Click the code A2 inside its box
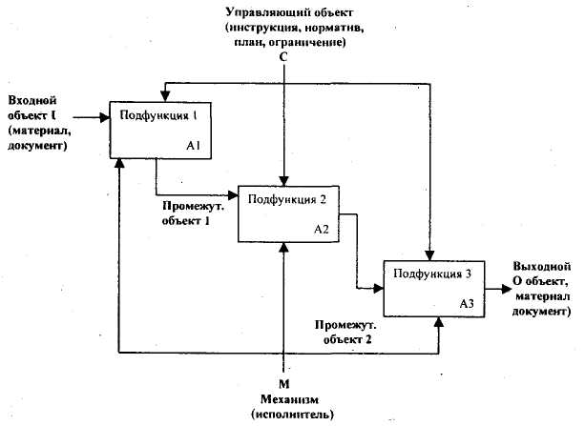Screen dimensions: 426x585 point(321,231)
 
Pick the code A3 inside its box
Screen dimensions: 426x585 point(467,303)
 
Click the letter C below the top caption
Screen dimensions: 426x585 point(283,57)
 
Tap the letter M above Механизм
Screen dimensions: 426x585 point(283,371)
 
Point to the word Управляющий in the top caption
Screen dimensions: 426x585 point(261,11)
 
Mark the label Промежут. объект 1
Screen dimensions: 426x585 point(186,213)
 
